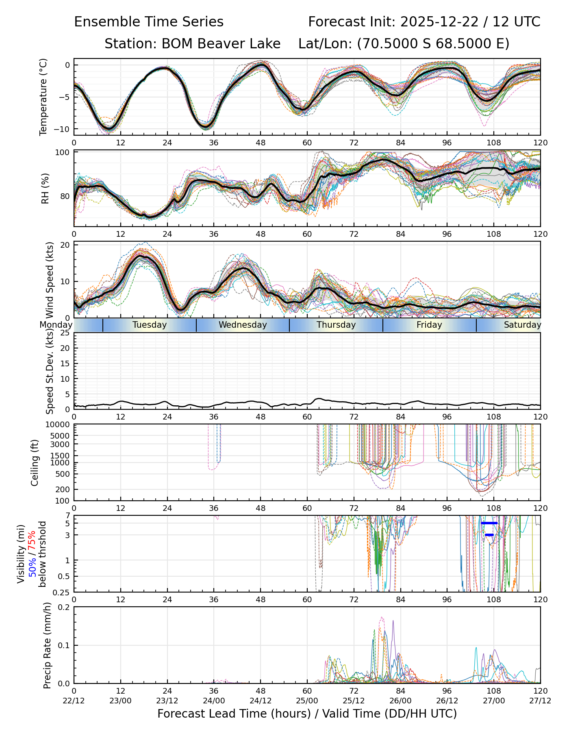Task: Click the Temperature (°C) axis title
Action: tap(43, 97)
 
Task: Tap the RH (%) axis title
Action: tap(45, 188)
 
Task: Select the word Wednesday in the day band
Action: tap(243, 325)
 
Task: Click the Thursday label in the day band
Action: tap(336, 325)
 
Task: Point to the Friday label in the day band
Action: tap(429, 325)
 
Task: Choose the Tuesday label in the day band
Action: tap(150, 325)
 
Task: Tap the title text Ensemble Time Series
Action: tap(149, 22)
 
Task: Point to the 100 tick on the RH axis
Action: tap(63, 153)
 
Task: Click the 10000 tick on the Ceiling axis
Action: tap(59, 425)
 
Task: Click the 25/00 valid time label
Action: tap(307, 701)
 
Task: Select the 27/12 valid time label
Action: tap(540, 701)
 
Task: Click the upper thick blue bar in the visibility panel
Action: tap(489, 523)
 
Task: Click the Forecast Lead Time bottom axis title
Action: tap(307, 714)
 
